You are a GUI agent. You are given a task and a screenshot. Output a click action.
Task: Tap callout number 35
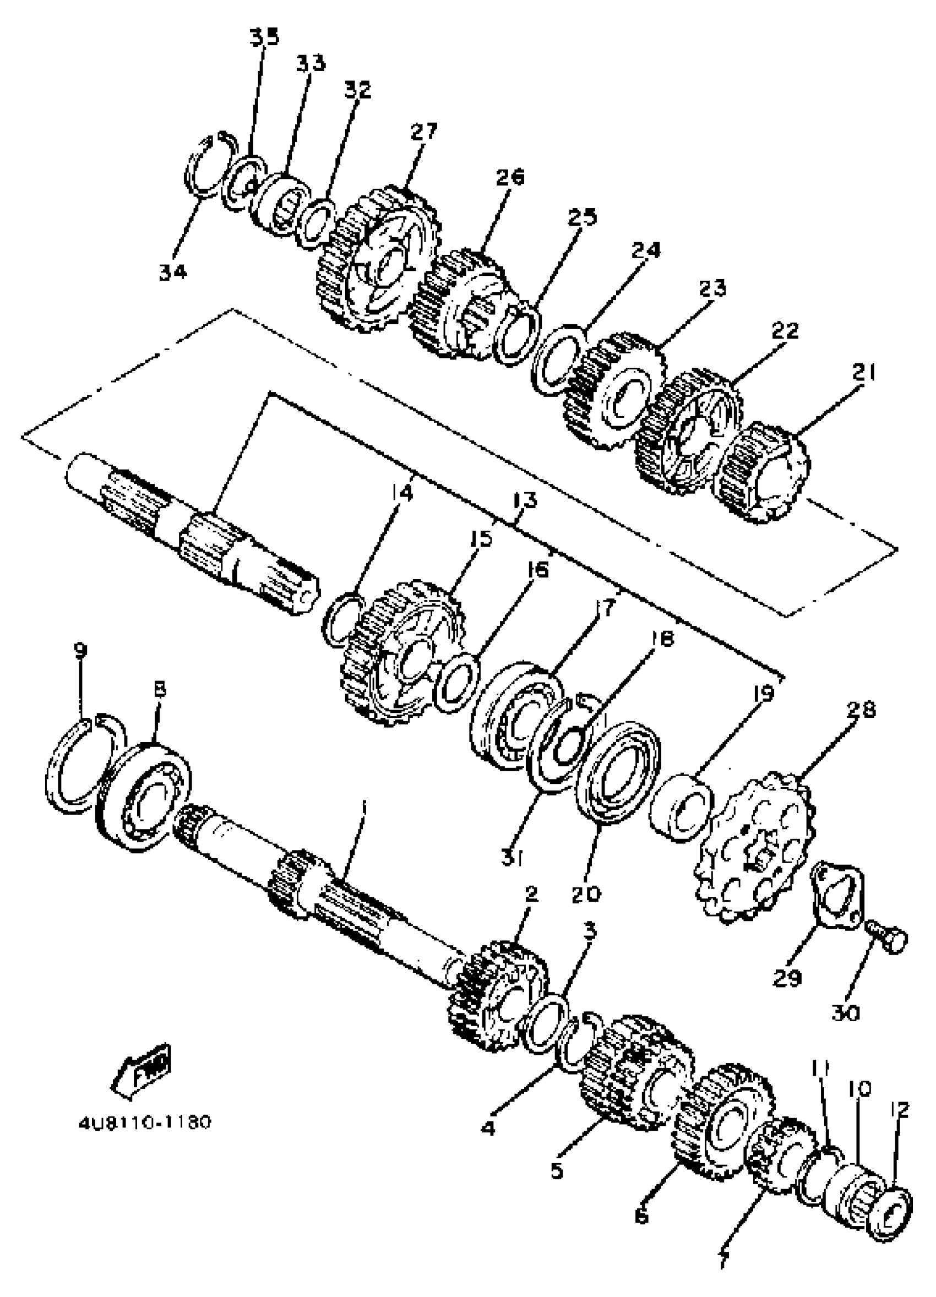pos(264,37)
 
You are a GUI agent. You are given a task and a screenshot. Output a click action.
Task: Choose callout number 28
pos(862,710)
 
